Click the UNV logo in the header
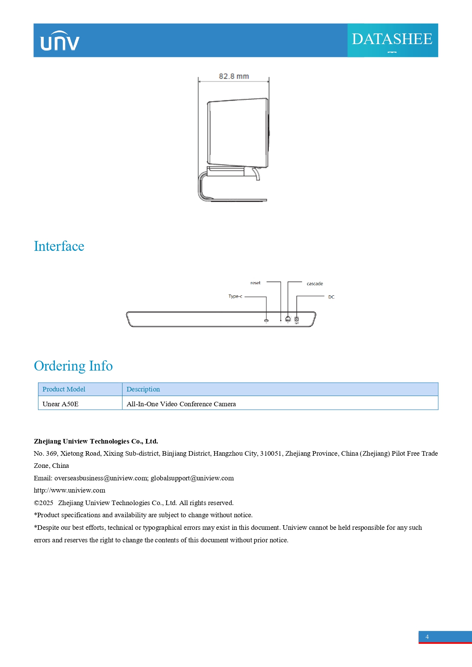60,41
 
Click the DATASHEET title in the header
392,39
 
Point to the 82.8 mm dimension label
234,76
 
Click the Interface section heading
59,246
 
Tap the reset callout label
255,283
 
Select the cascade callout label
315,284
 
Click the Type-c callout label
235,296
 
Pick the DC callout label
331,297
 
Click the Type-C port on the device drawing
266,320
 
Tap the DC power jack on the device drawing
297,319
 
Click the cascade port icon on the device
288,319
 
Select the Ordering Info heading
73,366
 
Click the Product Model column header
64,389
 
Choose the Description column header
143,389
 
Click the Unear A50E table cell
60,404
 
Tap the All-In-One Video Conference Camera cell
181,404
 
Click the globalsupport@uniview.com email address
192,478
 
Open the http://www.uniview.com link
70,490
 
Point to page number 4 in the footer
427,637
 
